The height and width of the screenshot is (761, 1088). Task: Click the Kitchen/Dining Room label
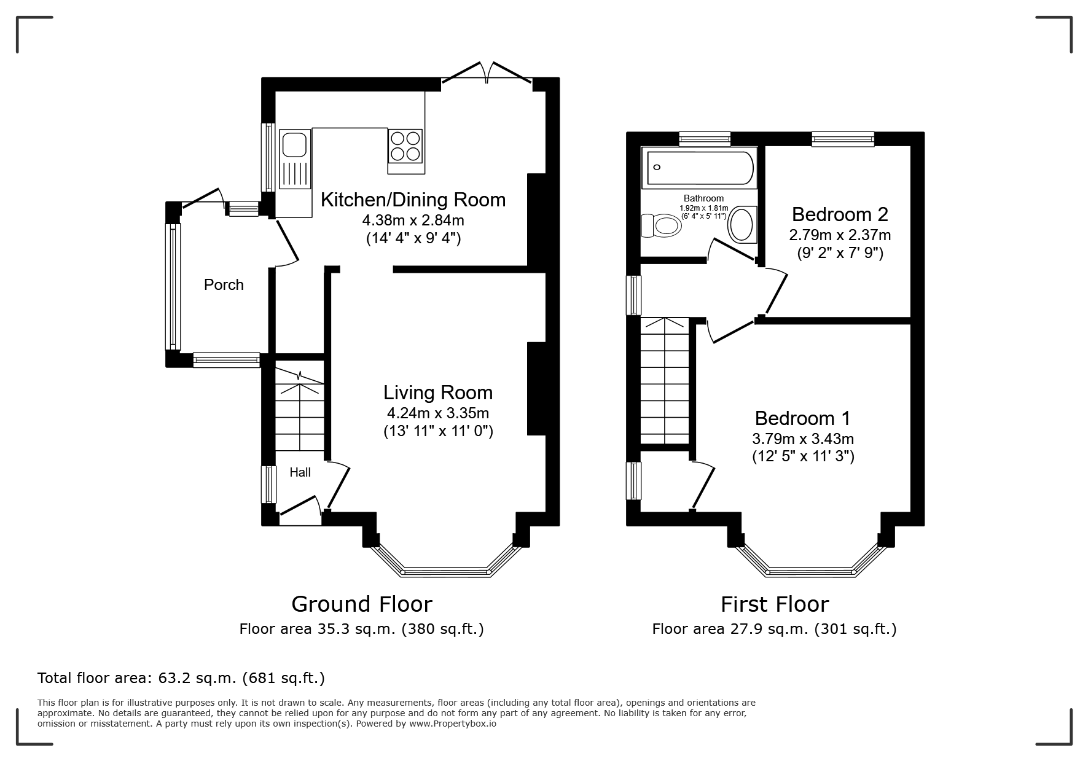(x=413, y=200)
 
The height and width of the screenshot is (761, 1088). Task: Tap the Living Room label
(x=438, y=392)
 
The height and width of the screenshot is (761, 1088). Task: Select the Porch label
(x=224, y=285)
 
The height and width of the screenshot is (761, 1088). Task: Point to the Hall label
(x=300, y=472)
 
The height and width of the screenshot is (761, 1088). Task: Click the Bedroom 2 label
(x=840, y=214)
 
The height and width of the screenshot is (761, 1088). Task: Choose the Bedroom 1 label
(x=802, y=418)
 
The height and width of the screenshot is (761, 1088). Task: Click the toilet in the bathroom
(x=661, y=225)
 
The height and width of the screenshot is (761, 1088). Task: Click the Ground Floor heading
(x=362, y=604)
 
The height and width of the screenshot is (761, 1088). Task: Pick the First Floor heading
(x=775, y=604)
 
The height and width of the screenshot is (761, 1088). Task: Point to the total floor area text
(x=181, y=678)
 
